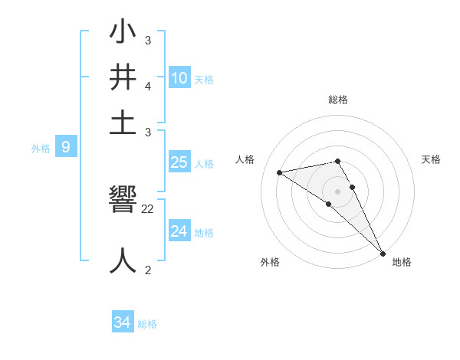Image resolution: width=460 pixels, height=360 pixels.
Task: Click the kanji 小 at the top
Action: (123, 34)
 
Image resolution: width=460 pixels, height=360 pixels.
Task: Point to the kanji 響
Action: (123, 202)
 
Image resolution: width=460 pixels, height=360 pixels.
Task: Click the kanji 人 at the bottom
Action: (123, 260)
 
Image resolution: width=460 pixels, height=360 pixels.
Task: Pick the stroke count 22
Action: (148, 208)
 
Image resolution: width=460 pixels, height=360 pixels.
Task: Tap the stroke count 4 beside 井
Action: (148, 87)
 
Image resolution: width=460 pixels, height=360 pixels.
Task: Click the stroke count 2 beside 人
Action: (147, 270)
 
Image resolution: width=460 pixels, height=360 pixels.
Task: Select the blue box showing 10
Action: (179, 78)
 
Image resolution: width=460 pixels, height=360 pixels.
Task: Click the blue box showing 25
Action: (179, 162)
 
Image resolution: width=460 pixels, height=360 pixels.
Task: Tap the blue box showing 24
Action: (179, 231)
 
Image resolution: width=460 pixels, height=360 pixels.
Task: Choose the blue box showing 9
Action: (66, 148)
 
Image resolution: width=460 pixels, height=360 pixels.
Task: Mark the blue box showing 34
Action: (122, 323)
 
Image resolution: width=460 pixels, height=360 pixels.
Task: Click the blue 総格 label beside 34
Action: (147, 324)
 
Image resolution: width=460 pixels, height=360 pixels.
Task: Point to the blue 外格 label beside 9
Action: (41, 149)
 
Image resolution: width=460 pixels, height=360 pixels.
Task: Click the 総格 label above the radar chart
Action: (337, 100)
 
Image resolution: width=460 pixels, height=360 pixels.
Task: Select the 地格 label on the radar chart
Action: (402, 262)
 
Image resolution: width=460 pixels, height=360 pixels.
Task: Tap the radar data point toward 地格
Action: (383, 254)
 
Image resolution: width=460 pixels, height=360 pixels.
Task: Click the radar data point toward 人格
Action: (280, 172)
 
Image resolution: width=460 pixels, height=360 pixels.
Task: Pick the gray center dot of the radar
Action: (337, 191)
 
